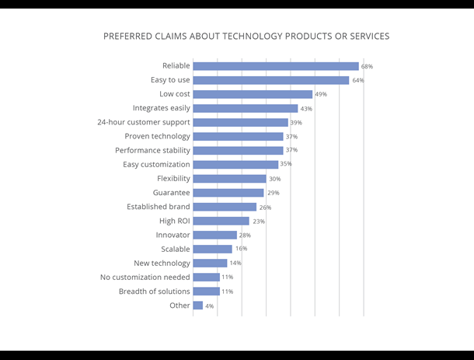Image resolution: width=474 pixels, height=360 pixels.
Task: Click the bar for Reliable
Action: [x=276, y=66]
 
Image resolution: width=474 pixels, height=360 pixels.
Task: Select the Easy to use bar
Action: [x=271, y=80]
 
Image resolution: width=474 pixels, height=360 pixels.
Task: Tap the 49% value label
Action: [x=321, y=95]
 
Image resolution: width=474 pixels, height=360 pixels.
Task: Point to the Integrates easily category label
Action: [x=161, y=108]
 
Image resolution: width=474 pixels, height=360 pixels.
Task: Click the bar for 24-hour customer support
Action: [x=240, y=122]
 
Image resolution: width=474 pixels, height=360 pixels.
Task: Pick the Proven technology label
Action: [x=157, y=136]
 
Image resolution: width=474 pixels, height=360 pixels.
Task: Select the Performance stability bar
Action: [x=238, y=150]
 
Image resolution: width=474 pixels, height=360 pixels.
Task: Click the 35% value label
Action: [x=286, y=165]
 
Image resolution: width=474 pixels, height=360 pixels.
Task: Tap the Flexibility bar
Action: [x=229, y=179]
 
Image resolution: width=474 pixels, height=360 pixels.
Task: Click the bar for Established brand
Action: [x=225, y=207]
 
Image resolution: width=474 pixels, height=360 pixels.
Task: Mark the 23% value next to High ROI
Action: [x=258, y=222]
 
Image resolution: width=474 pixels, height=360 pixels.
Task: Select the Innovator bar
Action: [x=214, y=235]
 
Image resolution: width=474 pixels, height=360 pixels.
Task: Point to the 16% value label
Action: [x=241, y=250]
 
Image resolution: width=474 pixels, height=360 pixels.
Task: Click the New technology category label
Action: [x=162, y=263]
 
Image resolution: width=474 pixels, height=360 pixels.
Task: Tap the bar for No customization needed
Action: [x=206, y=277]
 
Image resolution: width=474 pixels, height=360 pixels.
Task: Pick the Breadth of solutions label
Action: [x=154, y=292]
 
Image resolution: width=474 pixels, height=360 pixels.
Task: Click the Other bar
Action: [x=197, y=306]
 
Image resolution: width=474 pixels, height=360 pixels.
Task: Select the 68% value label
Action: [x=367, y=67]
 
